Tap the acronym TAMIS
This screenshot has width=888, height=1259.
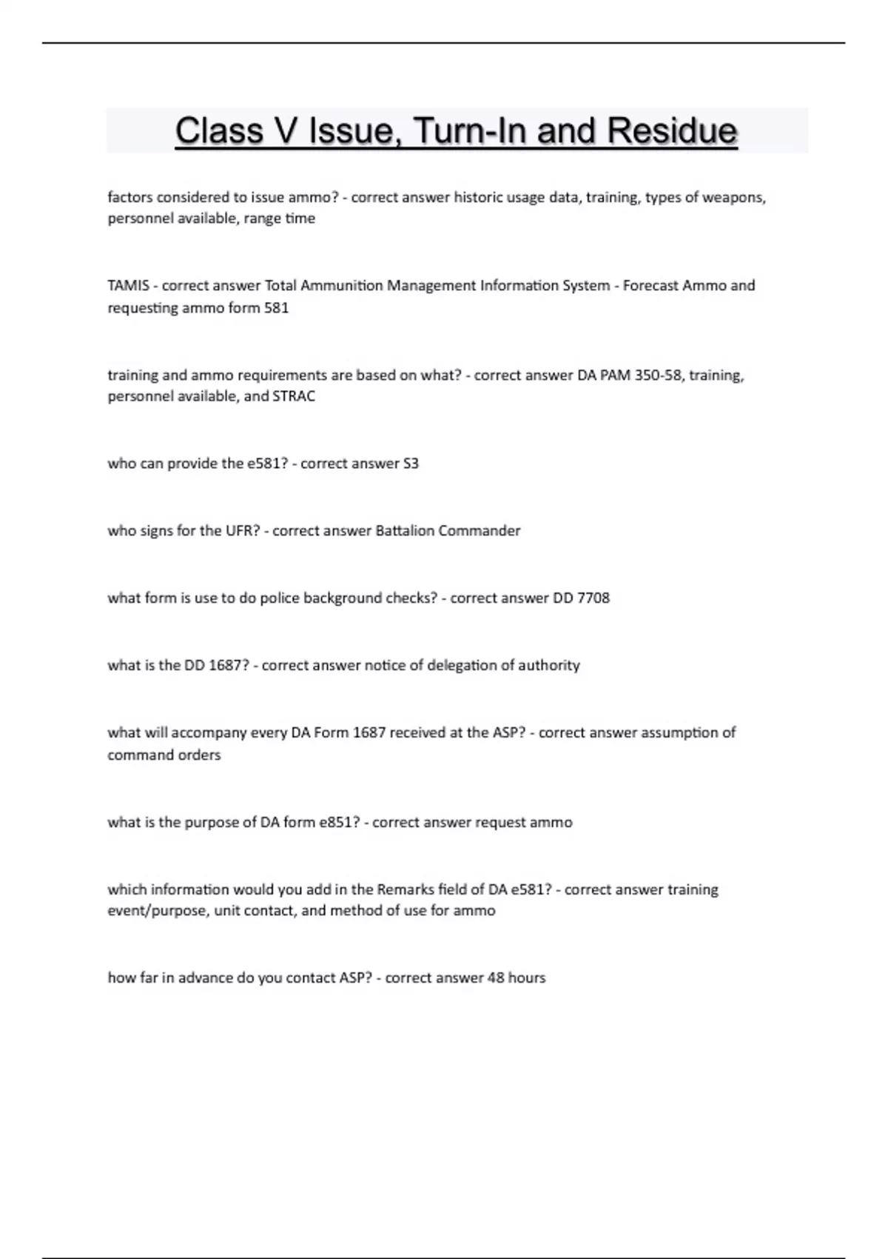point(128,286)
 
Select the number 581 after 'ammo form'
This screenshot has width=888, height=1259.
point(276,307)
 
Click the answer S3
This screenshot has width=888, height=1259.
point(411,464)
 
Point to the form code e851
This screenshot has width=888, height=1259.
point(339,823)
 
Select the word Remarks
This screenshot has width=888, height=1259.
point(406,889)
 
